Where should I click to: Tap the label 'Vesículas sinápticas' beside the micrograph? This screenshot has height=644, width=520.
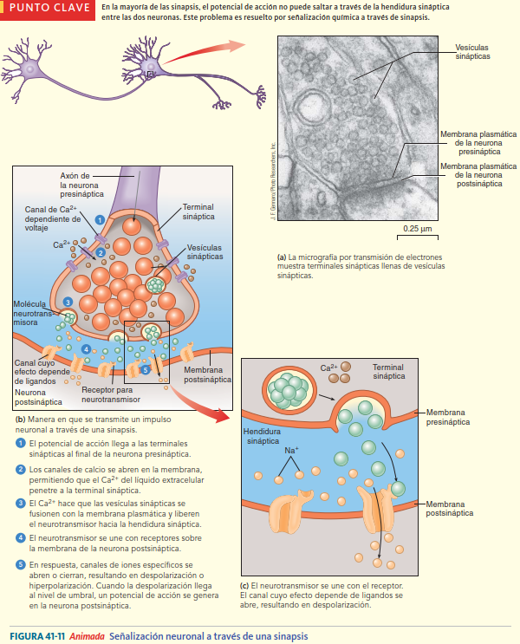click(472, 51)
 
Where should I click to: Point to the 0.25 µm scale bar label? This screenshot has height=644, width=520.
click(418, 229)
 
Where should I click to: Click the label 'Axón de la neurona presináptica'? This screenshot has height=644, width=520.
click(81, 185)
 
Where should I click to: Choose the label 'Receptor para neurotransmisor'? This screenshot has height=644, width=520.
click(113, 394)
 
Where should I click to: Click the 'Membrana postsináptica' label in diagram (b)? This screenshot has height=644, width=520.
click(209, 374)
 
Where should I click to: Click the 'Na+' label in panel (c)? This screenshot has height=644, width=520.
click(291, 452)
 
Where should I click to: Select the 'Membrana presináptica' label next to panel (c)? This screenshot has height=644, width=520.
click(449, 417)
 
